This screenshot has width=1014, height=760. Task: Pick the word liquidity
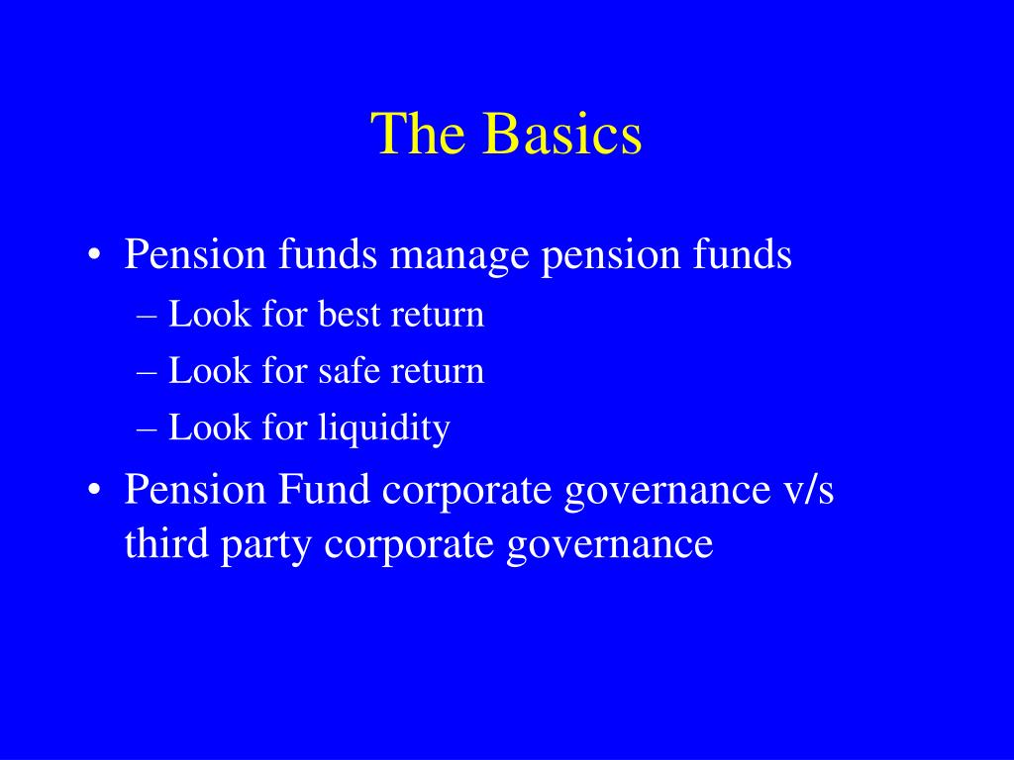[384, 428]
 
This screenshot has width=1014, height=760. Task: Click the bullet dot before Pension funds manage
[94, 257]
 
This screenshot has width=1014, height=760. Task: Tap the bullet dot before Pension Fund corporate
[94, 492]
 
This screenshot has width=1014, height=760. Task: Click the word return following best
[438, 315]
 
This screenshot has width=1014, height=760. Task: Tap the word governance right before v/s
[665, 492]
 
